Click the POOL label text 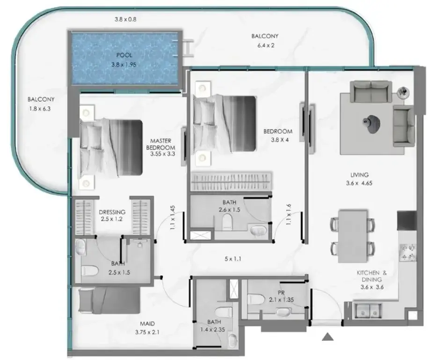[124, 55]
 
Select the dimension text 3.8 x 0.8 [125, 20]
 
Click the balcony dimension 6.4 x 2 [266, 45]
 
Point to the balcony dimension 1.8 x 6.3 [40, 109]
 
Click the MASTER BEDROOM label [161, 144]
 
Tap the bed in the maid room [109, 301]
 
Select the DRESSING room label [112, 212]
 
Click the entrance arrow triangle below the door [328, 337]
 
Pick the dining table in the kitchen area [353, 236]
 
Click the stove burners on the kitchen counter [407, 252]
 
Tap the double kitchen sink [366, 311]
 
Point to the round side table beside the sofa [403, 92]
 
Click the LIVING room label [359, 175]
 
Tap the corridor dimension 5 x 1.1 [233, 259]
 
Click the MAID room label [147, 324]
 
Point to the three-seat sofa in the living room [371, 91]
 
